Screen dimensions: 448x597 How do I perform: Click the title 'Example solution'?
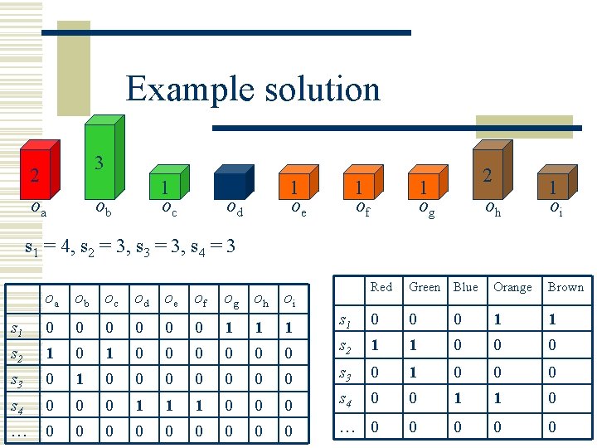coord(253,88)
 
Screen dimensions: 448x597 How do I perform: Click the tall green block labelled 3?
coord(104,161)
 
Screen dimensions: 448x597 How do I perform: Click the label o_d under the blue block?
coord(235,209)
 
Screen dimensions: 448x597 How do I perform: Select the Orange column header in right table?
coord(512,287)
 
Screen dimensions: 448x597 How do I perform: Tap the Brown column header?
coord(565,287)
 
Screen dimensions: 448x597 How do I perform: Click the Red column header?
coord(381,287)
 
